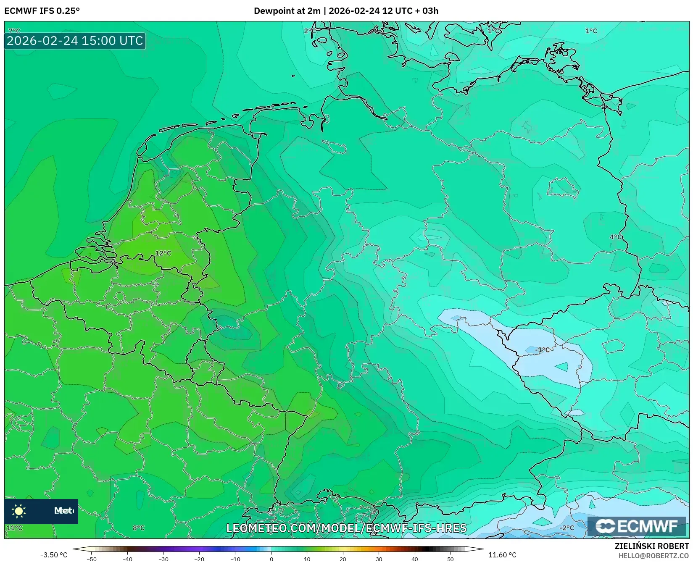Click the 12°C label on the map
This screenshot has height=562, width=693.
(163, 253)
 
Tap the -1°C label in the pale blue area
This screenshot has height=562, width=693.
(542, 349)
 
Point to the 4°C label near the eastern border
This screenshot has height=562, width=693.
(616, 237)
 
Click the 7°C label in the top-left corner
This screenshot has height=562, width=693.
(14, 31)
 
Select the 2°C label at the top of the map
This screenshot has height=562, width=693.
(310, 31)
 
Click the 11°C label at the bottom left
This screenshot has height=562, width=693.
(14, 528)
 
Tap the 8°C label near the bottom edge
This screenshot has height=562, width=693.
(138, 528)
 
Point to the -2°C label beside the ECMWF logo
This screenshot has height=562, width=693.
(567, 528)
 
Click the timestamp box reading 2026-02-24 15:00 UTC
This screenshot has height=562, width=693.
(75, 41)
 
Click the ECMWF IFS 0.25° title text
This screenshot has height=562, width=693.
(42, 11)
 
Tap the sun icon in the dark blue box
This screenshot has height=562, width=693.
(19, 511)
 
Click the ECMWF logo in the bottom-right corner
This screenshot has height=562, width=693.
(637, 526)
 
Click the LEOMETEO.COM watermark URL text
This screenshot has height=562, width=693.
(346, 528)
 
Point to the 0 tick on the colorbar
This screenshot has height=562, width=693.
(271, 559)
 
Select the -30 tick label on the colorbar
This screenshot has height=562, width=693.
(163, 559)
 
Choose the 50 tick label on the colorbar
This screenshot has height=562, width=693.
(451, 559)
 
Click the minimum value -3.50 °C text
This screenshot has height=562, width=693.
(54, 555)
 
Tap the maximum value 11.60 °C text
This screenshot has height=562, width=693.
(502, 555)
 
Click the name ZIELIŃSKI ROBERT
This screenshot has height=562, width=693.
(651, 546)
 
